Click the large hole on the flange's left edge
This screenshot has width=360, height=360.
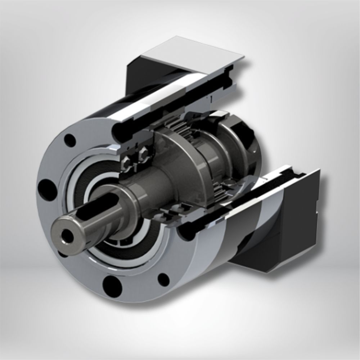pyautogui.click(x=46, y=187)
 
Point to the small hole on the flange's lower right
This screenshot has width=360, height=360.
pyautogui.click(x=163, y=279)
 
